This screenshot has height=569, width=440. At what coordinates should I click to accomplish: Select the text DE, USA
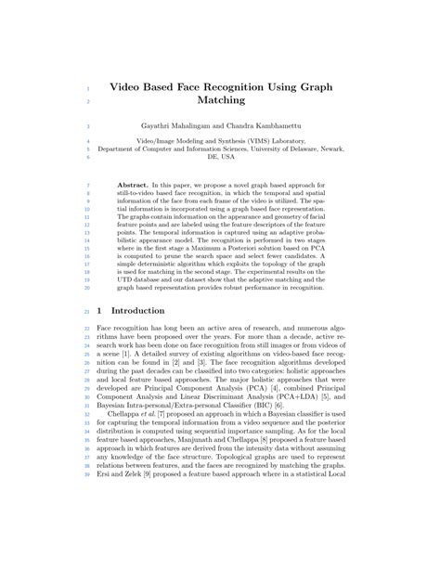[x=220, y=157]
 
